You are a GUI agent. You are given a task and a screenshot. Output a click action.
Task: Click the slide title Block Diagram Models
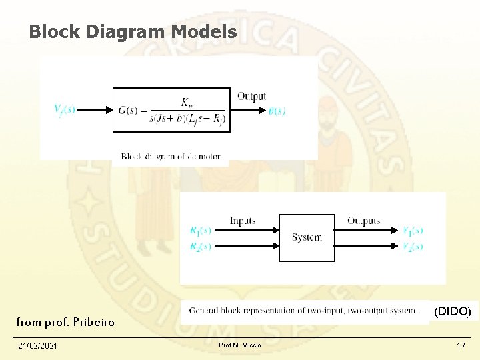133,31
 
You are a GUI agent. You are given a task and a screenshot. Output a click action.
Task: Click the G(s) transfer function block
171,110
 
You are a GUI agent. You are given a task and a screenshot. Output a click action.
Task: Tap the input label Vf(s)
64,109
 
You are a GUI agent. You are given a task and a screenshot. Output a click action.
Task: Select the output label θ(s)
277,111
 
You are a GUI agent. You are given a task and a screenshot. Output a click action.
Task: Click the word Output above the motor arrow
251,97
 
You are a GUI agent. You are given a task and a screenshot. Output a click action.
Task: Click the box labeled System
306,237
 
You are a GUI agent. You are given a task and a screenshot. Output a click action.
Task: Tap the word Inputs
242,221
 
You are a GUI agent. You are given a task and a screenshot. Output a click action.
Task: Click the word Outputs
363,221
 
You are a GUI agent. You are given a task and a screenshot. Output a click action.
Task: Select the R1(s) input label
200,231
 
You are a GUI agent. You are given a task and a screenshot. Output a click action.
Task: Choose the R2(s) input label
200,247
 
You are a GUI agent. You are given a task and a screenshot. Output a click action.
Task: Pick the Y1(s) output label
412,231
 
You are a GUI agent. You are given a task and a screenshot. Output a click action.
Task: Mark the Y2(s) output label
412,247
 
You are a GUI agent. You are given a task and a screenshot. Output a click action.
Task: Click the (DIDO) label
452,311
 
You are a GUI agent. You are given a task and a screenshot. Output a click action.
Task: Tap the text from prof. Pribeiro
65,323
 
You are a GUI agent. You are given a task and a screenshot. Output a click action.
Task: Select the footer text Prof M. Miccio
240,345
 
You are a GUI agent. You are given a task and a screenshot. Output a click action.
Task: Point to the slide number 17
461,345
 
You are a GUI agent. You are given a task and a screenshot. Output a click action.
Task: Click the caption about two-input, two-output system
303,311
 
